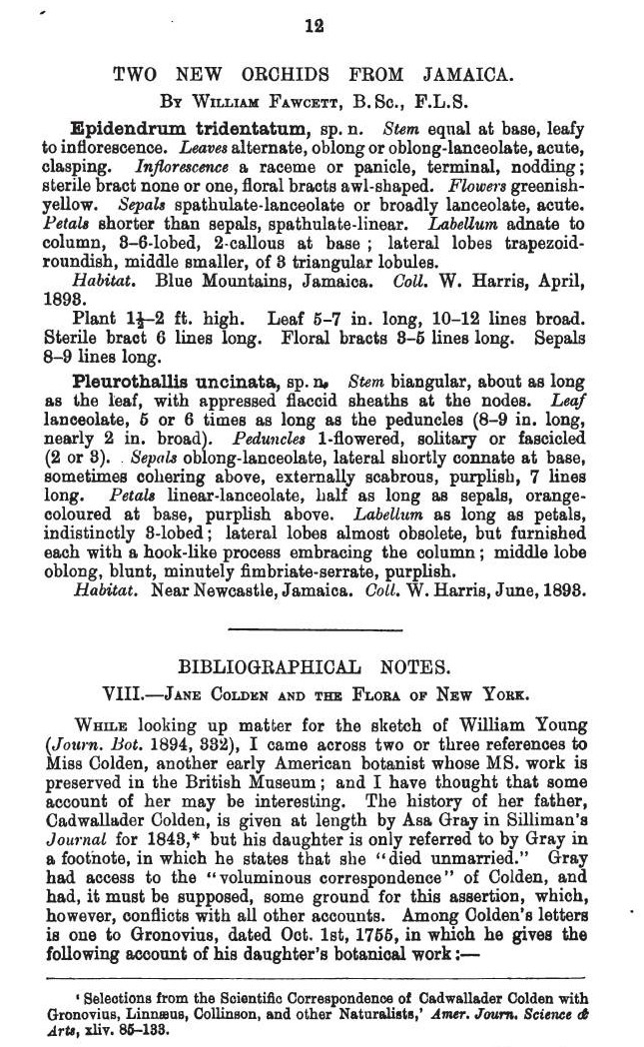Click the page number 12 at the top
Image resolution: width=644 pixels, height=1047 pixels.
[316, 28]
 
